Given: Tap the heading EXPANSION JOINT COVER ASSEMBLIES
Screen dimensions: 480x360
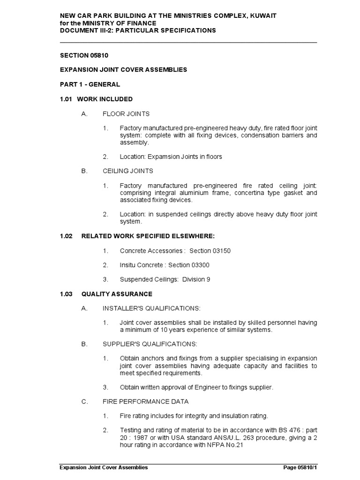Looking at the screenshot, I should [123, 70].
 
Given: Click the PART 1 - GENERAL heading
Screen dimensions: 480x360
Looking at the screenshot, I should [90, 84].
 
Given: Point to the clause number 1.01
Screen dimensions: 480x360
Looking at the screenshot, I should [66, 99].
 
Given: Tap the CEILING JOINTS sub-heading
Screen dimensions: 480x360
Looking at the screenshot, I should [128, 171].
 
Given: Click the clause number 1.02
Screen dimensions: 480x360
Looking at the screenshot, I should [66, 236].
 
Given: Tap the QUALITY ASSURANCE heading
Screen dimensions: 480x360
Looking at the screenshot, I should [117, 294].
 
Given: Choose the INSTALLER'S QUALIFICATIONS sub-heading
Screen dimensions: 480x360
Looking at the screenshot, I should [151, 308].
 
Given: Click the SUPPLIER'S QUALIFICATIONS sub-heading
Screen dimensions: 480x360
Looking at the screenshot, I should [150, 344].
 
